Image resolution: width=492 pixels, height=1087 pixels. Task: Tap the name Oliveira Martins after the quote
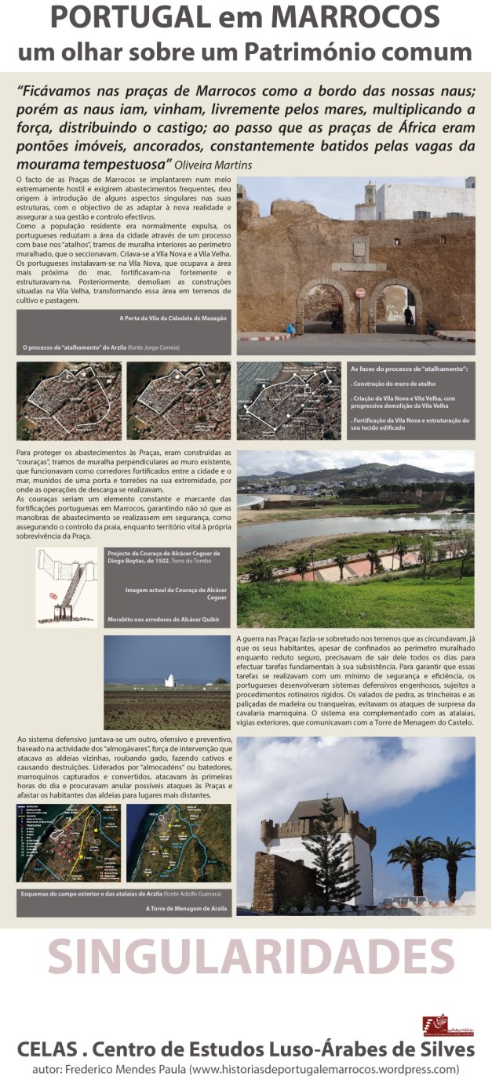[x=224, y=165]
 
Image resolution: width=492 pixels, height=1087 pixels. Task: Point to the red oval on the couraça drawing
[x=54, y=596]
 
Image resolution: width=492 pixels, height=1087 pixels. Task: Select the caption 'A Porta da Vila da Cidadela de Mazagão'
[x=173, y=318]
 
